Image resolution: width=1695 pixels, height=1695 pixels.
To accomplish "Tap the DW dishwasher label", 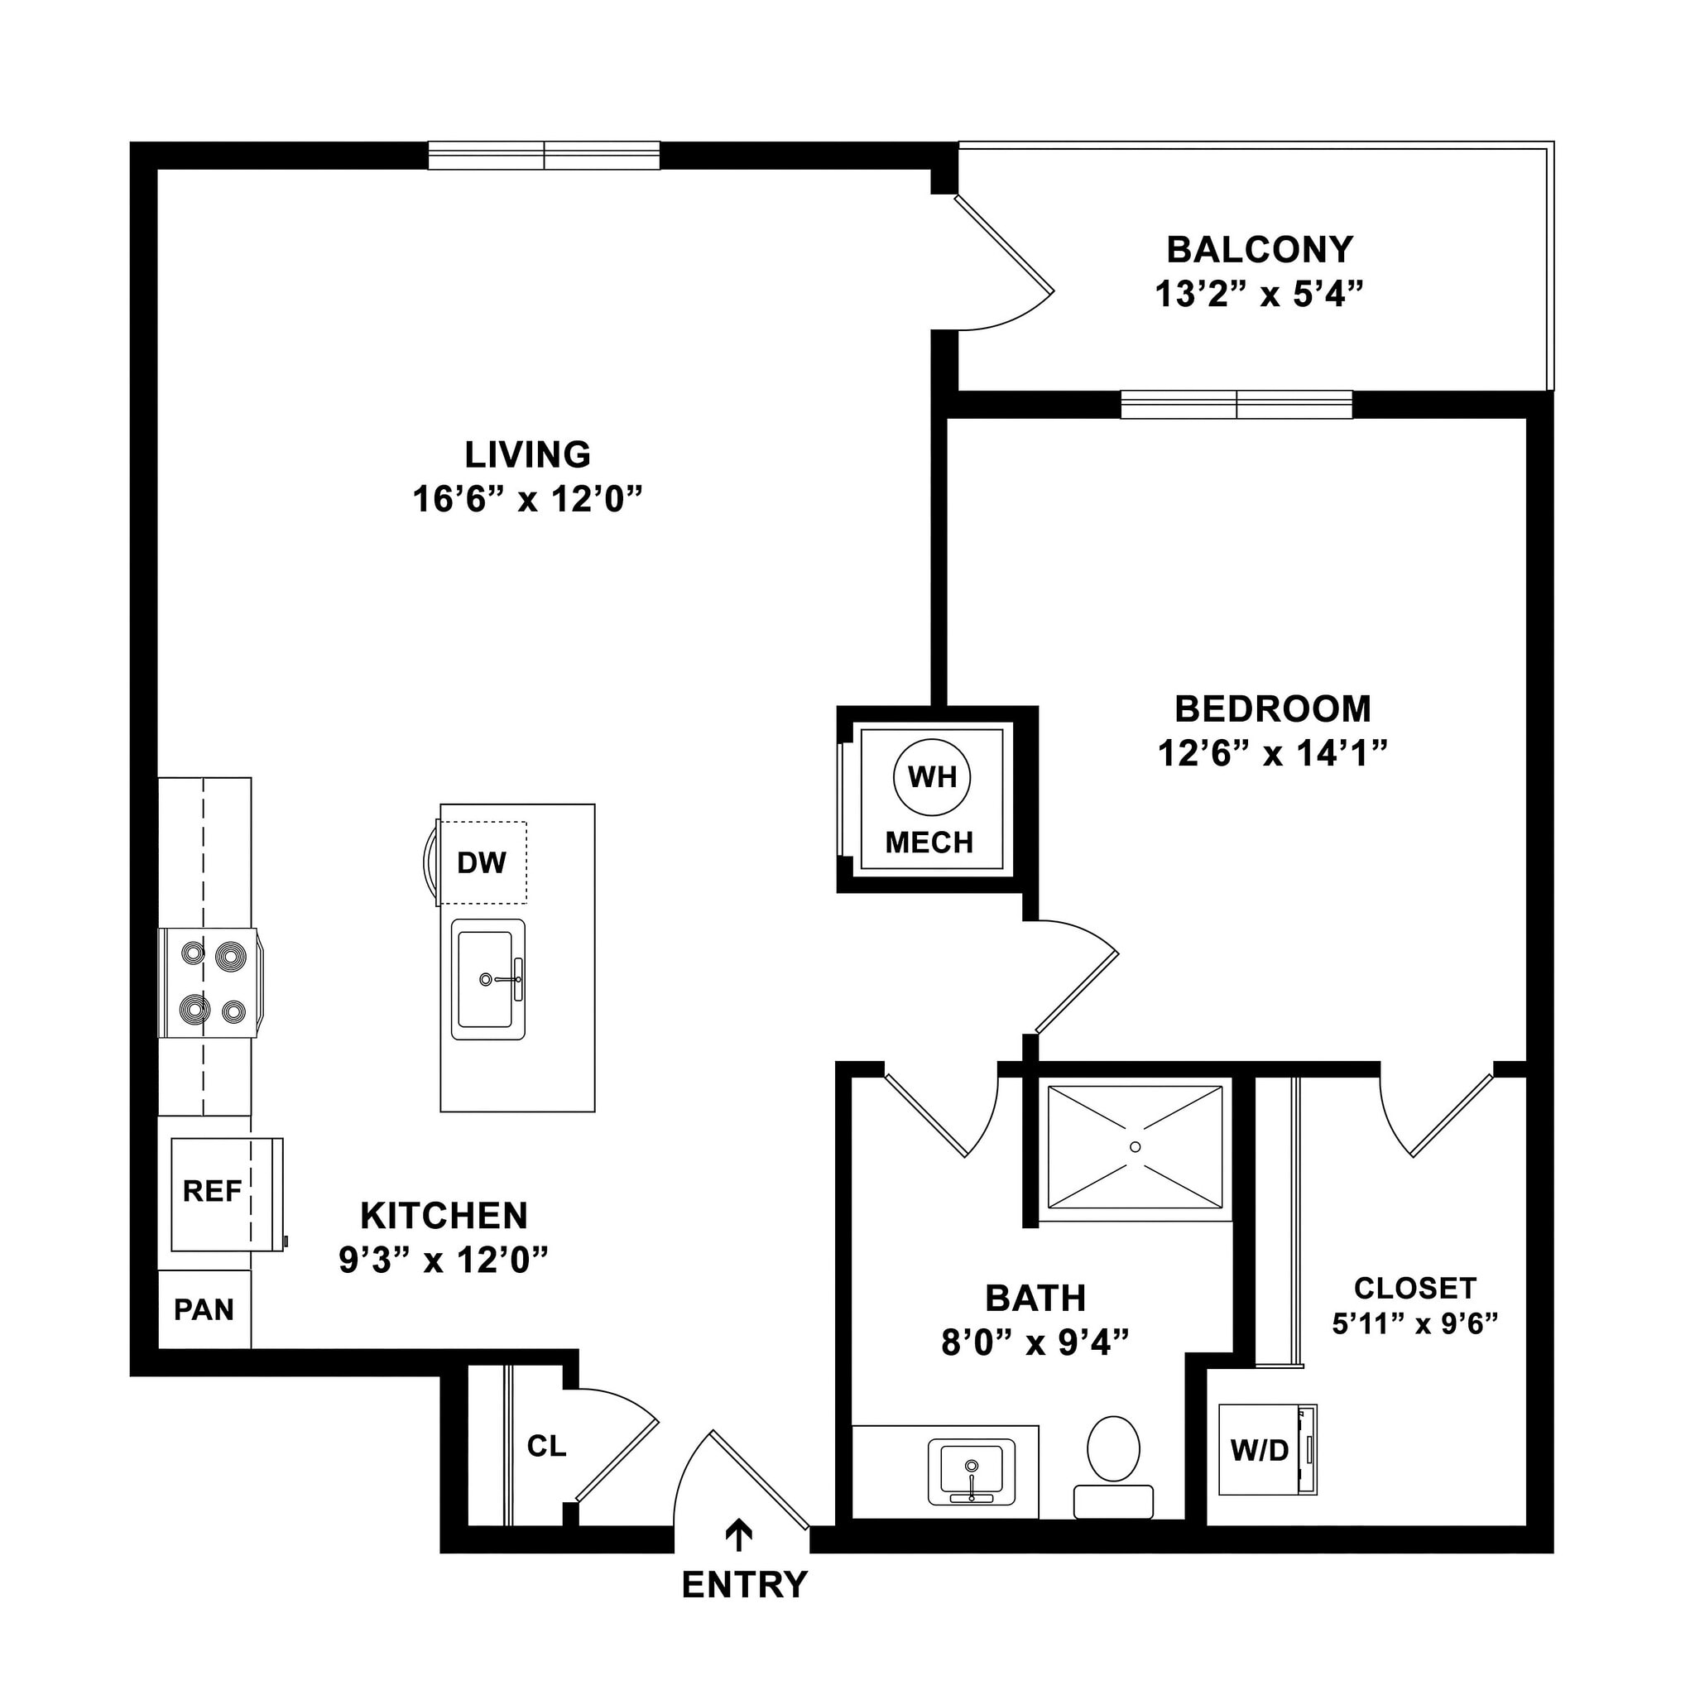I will [482, 863].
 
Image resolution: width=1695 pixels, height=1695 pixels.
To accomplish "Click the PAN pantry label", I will [204, 1310].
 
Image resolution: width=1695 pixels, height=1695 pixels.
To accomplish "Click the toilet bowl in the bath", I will [1113, 1449].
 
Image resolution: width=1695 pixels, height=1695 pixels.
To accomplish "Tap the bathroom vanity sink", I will [970, 1471].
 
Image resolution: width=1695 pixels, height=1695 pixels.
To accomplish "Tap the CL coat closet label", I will [546, 1446].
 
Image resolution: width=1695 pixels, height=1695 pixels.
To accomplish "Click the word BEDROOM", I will [1272, 709].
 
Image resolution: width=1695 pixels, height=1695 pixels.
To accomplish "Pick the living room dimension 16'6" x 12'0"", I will [527, 499].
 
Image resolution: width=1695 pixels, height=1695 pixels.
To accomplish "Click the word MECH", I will [929, 843].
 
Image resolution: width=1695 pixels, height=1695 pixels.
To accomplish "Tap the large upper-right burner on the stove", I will [231, 953].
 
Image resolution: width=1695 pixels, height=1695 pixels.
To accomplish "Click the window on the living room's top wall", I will [544, 156].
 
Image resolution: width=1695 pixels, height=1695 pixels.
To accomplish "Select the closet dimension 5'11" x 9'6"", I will [1414, 1324].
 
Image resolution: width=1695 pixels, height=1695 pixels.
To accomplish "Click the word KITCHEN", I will [444, 1216].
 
